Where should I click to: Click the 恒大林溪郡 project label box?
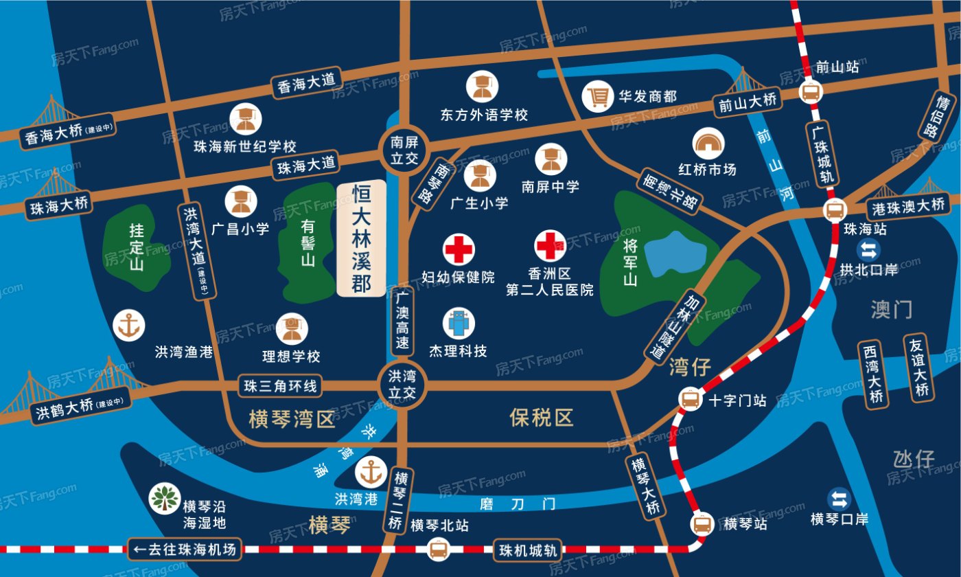click(362, 240)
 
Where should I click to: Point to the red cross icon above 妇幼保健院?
click(458, 249)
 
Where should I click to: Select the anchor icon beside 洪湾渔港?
click(128, 325)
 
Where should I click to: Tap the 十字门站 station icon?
click(690, 398)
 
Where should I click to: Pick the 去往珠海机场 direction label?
click(185, 549)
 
